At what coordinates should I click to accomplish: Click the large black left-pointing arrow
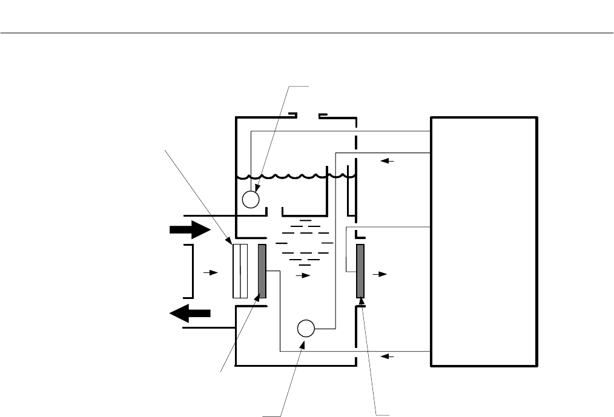click(190, 313)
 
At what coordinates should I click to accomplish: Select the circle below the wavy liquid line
click(251, 198)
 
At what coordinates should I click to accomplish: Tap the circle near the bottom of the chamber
click(306, 329)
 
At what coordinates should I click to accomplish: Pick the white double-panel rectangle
click(240, 271)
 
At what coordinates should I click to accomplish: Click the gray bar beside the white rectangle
click(262, 271)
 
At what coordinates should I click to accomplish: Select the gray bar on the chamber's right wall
click(360, 271)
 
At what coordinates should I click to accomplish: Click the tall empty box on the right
click(483, 241)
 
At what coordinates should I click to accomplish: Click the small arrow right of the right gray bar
click(381, 274)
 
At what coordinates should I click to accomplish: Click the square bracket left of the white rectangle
click(191, 271)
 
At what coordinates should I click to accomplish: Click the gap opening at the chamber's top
click(307, 114)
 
